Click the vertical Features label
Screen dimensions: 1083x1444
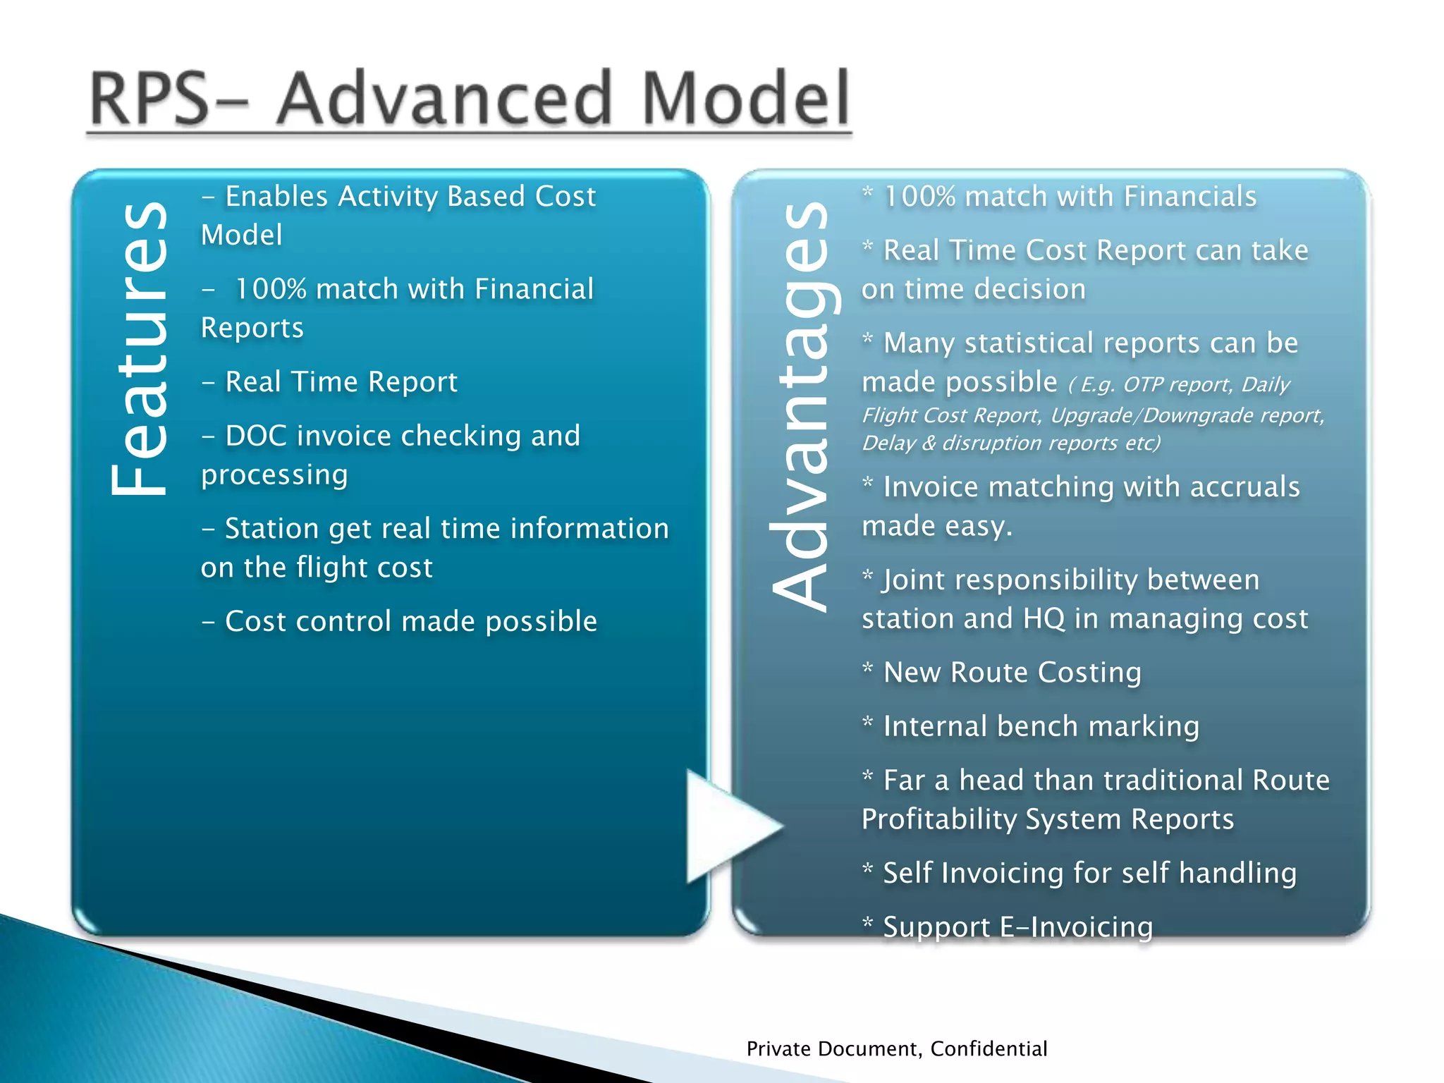click(139, 349)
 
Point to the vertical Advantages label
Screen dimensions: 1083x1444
click(802, 405)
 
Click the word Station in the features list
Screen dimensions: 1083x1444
click(271, 529)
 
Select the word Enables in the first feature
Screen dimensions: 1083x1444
click(276, 197)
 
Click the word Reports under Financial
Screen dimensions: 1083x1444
click(252, 328)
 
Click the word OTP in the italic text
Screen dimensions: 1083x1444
click(1142, 385)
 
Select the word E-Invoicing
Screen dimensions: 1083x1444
click(1076, 927)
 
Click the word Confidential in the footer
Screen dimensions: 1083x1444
click(989, 1049)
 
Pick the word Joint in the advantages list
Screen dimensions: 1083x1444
click(914, 580)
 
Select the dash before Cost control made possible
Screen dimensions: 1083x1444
click(208, 623)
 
